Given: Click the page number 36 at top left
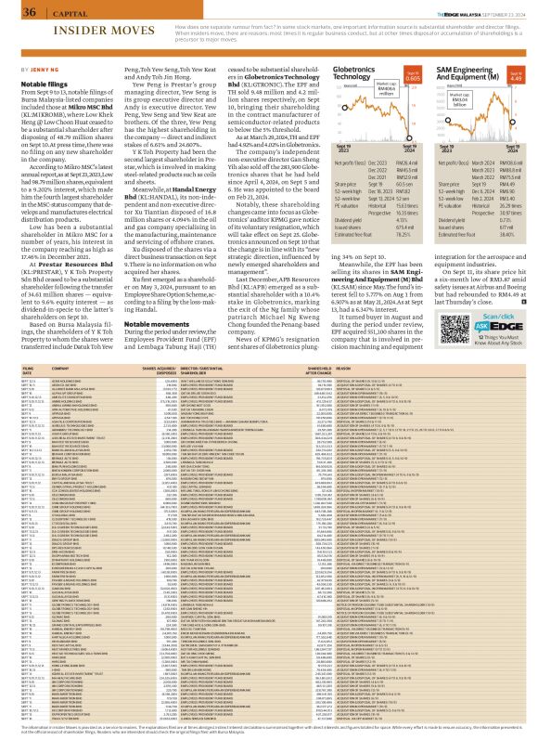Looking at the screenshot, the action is pyautogui.click(x=15, y=11).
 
